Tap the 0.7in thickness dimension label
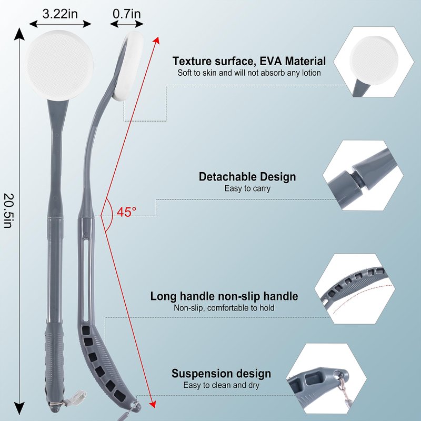point(127,14)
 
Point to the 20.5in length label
point(8,211)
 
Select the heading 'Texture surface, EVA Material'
point(249,62)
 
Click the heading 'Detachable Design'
point(247,177)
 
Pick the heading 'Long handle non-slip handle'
point(224,296)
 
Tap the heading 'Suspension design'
point(221,374)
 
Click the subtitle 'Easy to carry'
point(247,188)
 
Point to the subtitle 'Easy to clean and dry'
point(221,386)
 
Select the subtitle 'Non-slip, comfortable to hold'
point(224,308)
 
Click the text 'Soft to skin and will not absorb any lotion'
point(249,73)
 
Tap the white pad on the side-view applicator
point(128,66)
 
